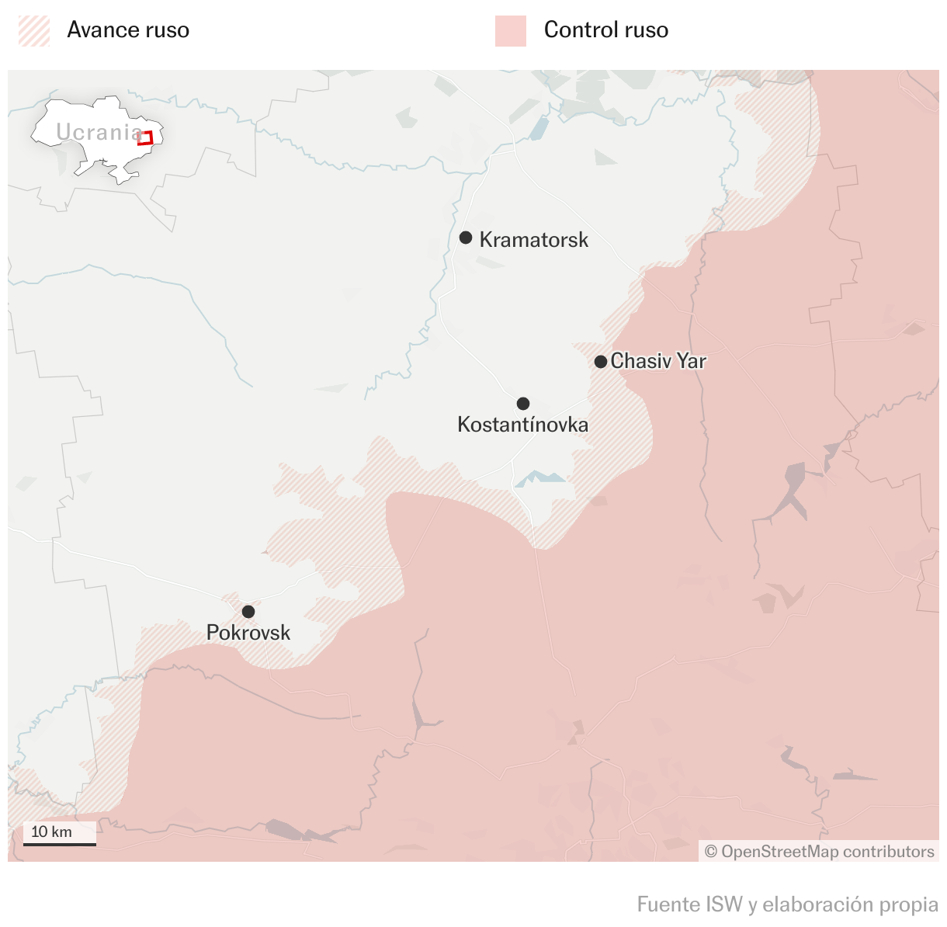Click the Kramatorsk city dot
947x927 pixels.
pos(466,238)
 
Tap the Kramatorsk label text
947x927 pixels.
pos(534,240)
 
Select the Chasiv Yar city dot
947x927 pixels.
pos(601,362)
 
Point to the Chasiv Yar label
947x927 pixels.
pos(658,361)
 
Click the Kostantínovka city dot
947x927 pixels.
pos(523,404)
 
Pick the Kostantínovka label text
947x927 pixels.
pos(522,425)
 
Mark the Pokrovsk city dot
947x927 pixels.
pos(248,612)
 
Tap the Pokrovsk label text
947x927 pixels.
pos(248,633)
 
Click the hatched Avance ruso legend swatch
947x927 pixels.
pos(34,31)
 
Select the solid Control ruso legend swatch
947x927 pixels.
pos(511,31)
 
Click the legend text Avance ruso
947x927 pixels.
pos(128,30)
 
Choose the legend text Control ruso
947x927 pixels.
pos(606,30)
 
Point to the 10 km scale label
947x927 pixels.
pos(51,832)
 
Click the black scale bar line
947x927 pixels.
pos(60,844)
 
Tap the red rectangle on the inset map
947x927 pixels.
pos(145,138)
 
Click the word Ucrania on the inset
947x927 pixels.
pos(98,132)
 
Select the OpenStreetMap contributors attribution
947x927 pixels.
pos(819,852)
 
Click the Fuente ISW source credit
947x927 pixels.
pos(787,904)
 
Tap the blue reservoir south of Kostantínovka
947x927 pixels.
pos(541,478)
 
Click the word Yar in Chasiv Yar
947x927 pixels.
pos(691,361)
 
